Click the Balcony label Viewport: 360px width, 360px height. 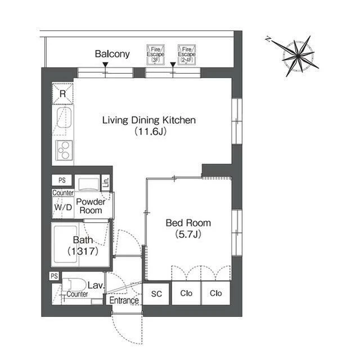click(x=112, y=54)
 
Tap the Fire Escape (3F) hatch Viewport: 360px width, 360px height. click(x=155, y=55)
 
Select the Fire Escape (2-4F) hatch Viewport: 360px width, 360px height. click(x=187, y=55)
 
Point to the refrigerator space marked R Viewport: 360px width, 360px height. click(x=62, y=94)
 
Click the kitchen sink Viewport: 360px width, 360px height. click(x=64, y=117)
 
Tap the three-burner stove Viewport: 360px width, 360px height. click(x=64, y=150)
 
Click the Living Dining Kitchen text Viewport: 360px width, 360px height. click(x=148, y=120)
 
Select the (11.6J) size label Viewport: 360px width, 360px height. click(x=150, y=132)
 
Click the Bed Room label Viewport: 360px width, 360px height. click(x=188, y=223)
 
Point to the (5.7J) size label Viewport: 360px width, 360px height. click(x=188, y=234)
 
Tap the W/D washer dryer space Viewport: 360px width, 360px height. click(x=63, y=208)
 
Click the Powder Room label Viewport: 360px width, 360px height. click(x=91, y=206)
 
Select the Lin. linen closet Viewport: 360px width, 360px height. click(x=106, y=182)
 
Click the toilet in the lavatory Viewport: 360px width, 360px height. click(x=74, y=285)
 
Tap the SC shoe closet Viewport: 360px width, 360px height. click(x=156, y=294)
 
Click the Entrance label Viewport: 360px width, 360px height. click(x=124, y=300)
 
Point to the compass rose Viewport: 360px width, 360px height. click(x=298, y=56)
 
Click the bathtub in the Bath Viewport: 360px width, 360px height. click(x=65, y=244)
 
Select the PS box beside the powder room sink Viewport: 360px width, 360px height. click(x=62, y=180)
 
